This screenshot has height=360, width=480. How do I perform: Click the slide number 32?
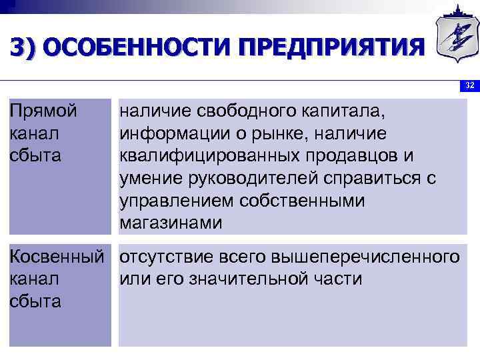tap(469, 85)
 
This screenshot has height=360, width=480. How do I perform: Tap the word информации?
tap(175, 133)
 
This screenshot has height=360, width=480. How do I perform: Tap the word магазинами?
tap(171, 223)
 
